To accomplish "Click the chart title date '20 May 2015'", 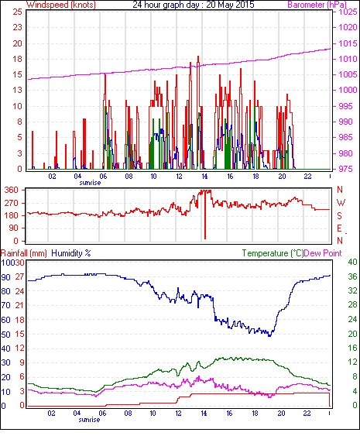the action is (230, 5).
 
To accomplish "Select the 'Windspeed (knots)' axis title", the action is (61, 5).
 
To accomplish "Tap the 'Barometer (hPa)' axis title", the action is (317, 5).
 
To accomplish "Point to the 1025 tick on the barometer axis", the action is (348, 12).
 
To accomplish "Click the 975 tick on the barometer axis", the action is (345, 169).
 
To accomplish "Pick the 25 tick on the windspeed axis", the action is (18, 12).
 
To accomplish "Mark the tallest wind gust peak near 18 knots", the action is (198, 57).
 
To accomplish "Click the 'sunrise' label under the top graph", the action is (90, 183).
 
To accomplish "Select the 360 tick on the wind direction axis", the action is (12, 191).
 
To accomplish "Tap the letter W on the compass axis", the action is (341, 203).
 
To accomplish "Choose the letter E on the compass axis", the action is (339, 228).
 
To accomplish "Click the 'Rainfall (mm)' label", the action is (24, 253).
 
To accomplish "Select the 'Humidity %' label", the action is (71, 253).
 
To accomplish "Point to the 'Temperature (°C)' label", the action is (273, 253).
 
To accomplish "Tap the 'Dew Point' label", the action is (323, 253).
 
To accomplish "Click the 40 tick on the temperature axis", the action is (353, 262).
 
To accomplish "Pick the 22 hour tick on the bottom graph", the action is (307, 414).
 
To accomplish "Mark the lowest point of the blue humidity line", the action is (269, 336).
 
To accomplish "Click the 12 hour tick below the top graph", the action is (179, 177).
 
